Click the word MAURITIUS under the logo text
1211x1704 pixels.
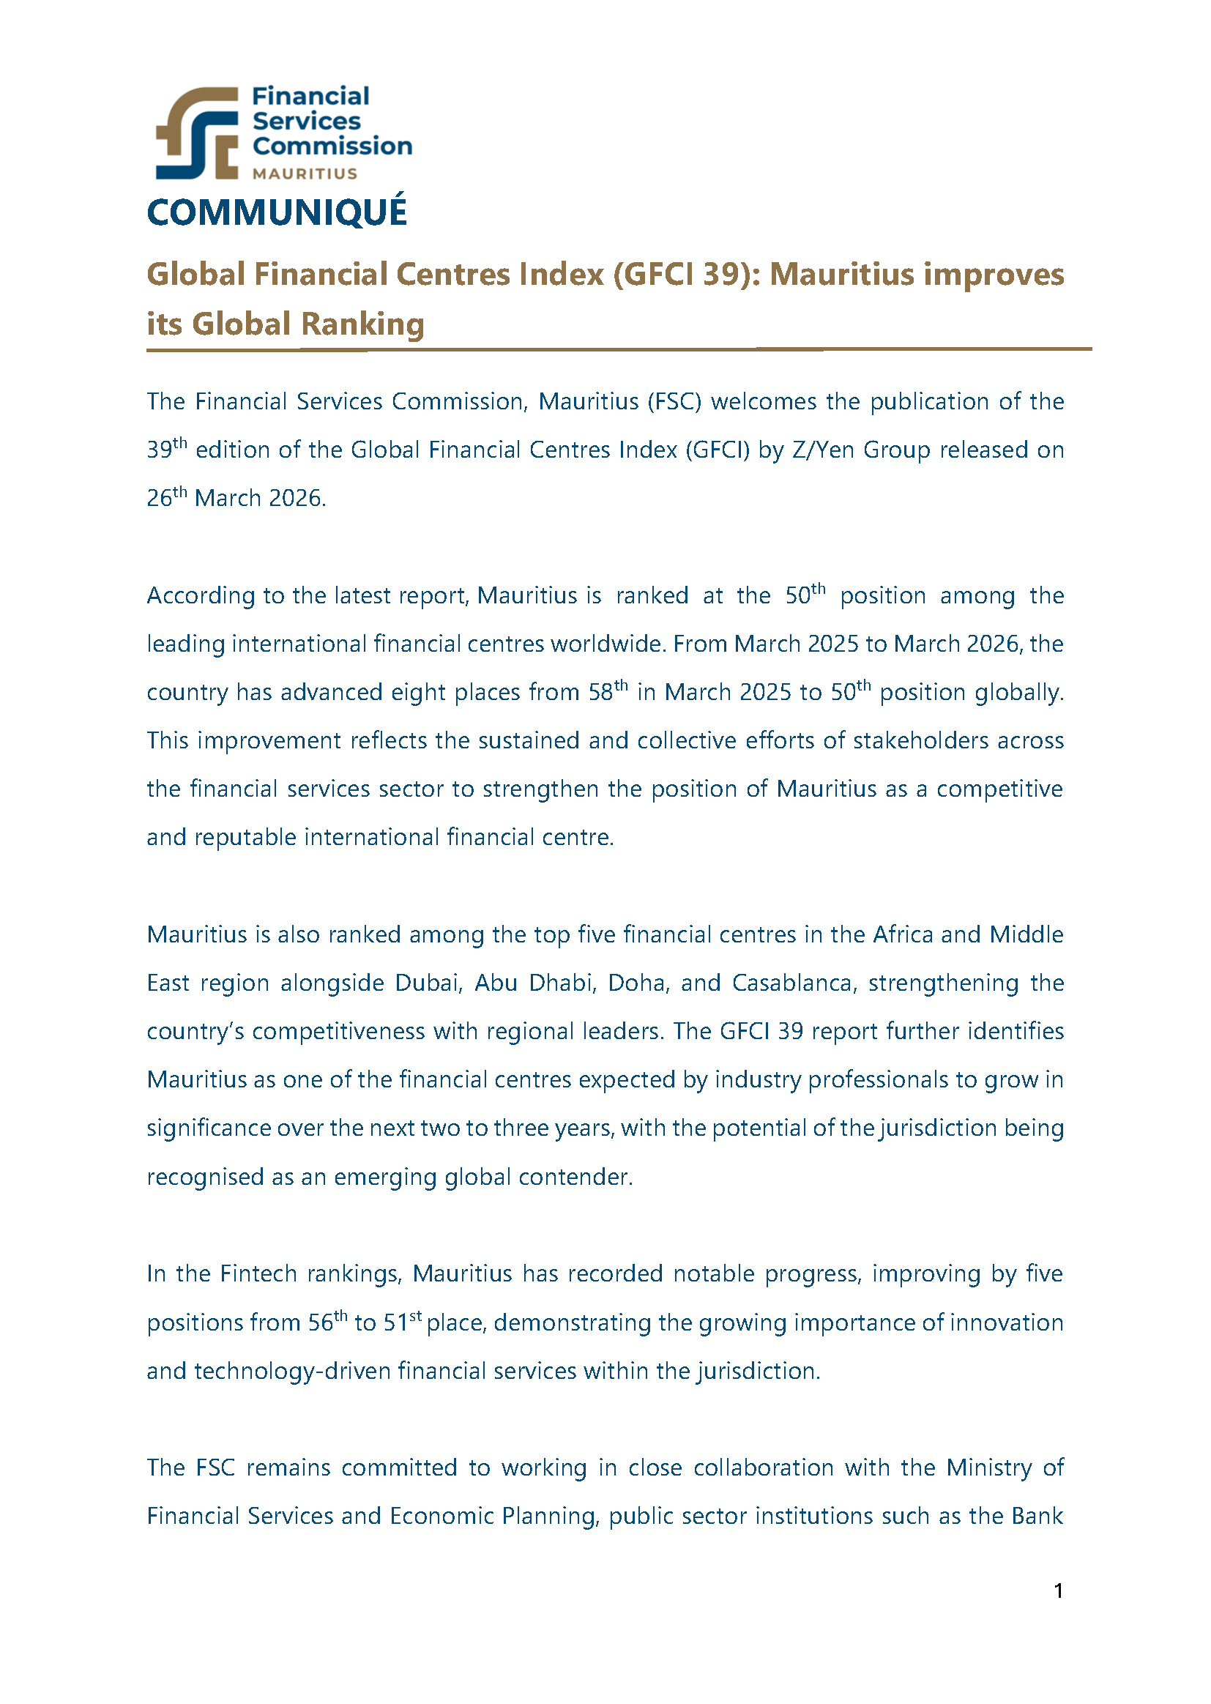click(x=305, y=174)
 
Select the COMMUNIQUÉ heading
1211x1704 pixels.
click(x=277, y=212)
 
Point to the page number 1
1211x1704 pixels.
click(x=1058, y=1590)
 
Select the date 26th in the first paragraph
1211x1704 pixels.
click(x=166, y=497)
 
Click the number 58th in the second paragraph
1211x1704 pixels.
click(x=607, y=691)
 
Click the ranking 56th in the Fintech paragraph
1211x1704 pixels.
click(x=327, y=1322)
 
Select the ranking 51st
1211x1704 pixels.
click(x=402, y=1322)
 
